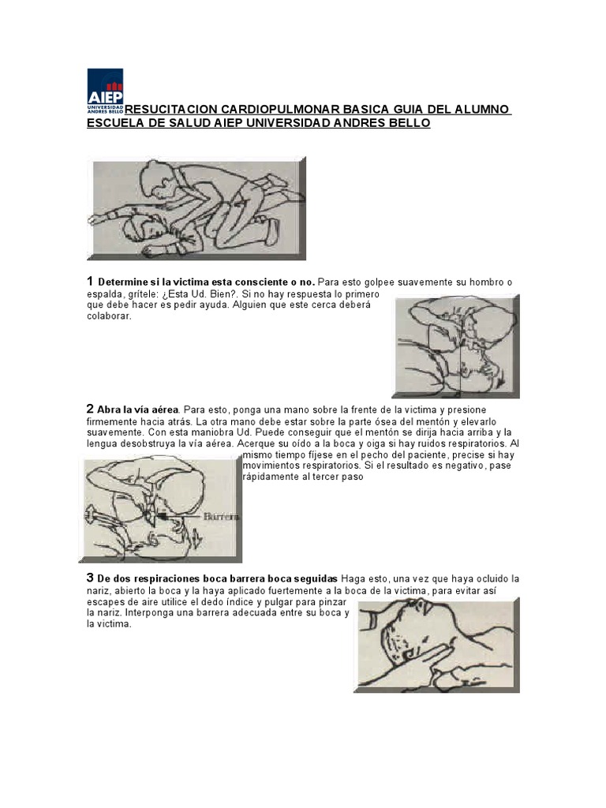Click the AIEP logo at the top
pyautogui.click(x=105, y=91)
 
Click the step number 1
pyautogui.click(x=90, y=282)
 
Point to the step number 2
pyautogui.click(x=90, y=410)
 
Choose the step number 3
pyautogui.click(x=90, y=578)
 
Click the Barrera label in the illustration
pyautogui.click(x=222, y=516)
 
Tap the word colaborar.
pyautogui.click(x=109, y=316)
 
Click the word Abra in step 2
pyautogui.click(x=108, y=410)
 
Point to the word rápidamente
pyautogui.click(x=271, y=477)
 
